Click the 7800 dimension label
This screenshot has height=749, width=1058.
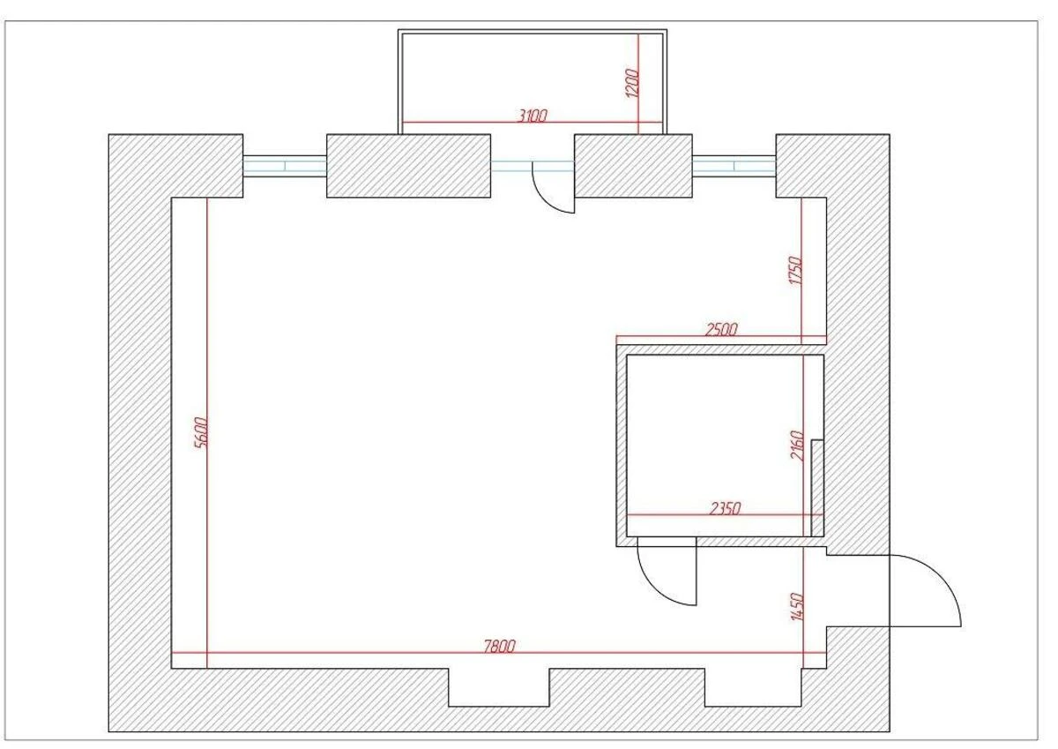tap(499, 646)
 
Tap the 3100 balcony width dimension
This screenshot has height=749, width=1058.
tap(533, 115)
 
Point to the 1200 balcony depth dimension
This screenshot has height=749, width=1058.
tap(631, 84)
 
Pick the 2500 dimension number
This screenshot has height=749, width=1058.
tap(721, 330)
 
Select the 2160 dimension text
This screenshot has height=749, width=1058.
tap(797, 446)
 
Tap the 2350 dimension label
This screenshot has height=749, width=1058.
tap(726, 508)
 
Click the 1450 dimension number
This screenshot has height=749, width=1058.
tap(796, 607)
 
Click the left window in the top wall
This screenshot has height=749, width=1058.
tap(285, 166)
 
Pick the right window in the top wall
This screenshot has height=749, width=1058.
tap(734, 166)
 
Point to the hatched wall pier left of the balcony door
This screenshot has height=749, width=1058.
tap(408, 166)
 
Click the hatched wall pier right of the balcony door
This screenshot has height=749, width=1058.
tap(633, 166)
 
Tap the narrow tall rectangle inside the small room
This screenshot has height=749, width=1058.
tap(817, 487)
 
